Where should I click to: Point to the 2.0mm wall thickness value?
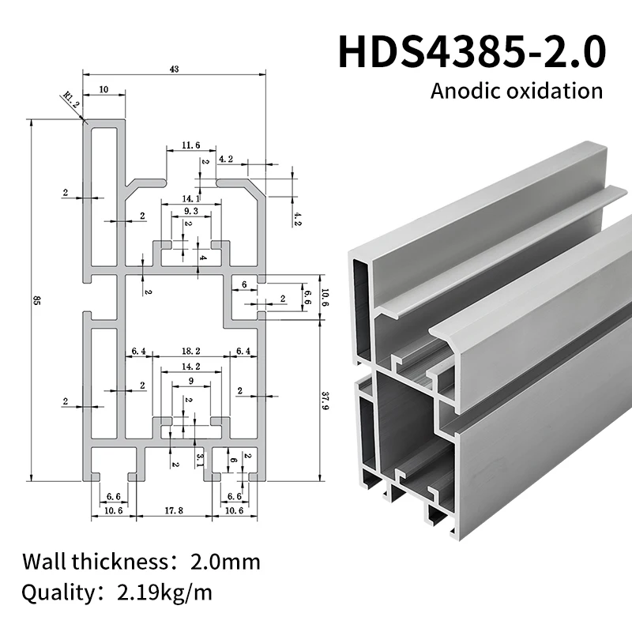225,562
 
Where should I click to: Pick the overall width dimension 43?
175,70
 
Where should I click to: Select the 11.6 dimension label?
190,145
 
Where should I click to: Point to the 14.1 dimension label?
191,197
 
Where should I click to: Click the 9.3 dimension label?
190,212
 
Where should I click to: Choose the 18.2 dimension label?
190,350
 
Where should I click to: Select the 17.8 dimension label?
175,511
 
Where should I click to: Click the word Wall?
44,562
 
